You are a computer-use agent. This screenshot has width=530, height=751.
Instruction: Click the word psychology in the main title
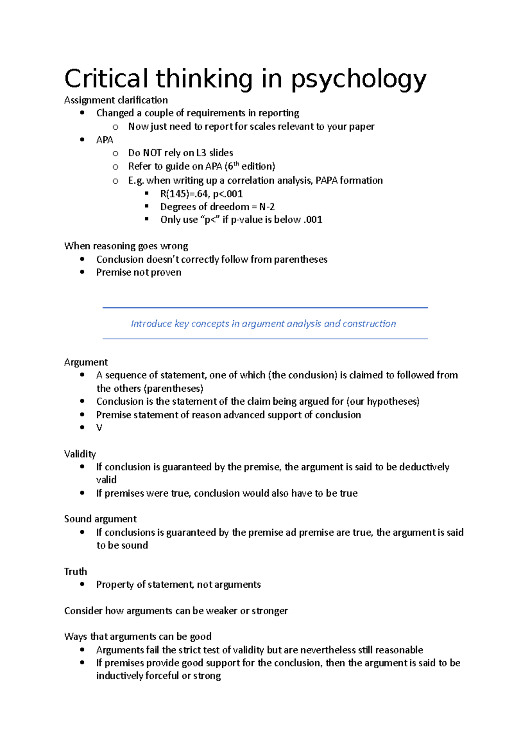[x=358, y=80]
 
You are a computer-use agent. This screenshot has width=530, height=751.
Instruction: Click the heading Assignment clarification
[x=116, y=100]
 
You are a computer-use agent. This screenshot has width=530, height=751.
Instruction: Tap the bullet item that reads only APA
[x=105, y=140]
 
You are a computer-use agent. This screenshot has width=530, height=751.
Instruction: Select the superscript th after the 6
[x=236, y=164]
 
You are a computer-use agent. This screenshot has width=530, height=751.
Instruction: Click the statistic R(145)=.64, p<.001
[x=201, y=194]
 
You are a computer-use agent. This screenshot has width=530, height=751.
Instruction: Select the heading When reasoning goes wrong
[x=126, y=246]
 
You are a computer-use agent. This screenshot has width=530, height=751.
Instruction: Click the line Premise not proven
[x=139, y=272]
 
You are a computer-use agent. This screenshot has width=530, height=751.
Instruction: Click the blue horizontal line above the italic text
[x=265, y=307]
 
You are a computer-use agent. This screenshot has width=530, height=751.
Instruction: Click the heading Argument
[x=86, y=362]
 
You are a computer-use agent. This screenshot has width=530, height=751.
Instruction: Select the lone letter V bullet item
[x=99, y=428]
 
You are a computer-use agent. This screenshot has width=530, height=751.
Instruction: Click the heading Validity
[x=80, y=454]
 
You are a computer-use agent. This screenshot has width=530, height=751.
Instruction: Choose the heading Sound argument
[x=100, y=519]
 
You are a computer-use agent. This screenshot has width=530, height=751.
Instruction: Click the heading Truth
[x=76, y=571]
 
